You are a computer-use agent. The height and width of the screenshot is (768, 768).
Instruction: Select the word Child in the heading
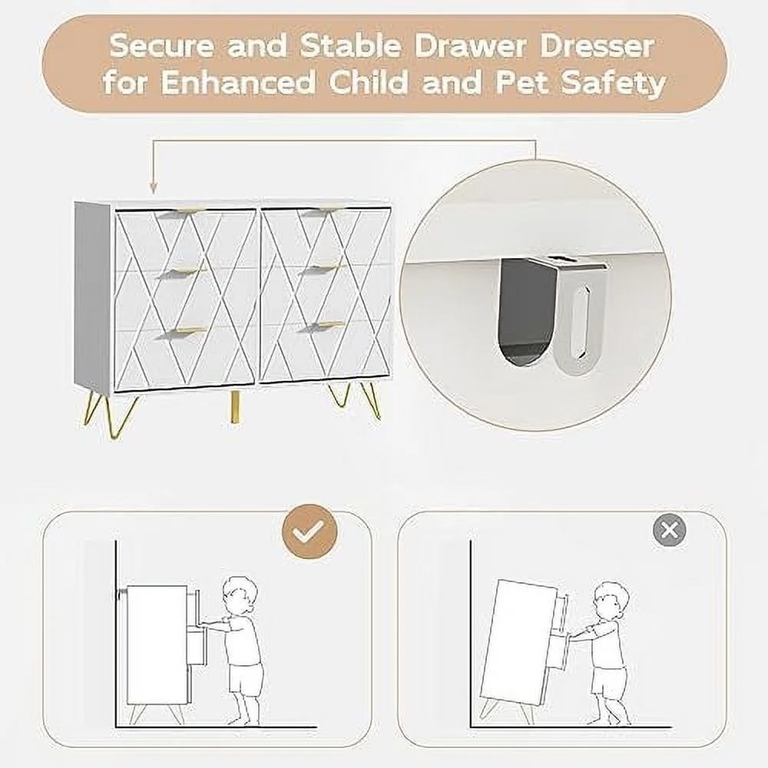pos(369,82)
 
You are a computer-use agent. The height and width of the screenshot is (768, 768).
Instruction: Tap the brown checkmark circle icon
pos(309,530)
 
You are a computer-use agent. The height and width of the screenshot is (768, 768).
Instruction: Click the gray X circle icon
pos(670,530)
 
